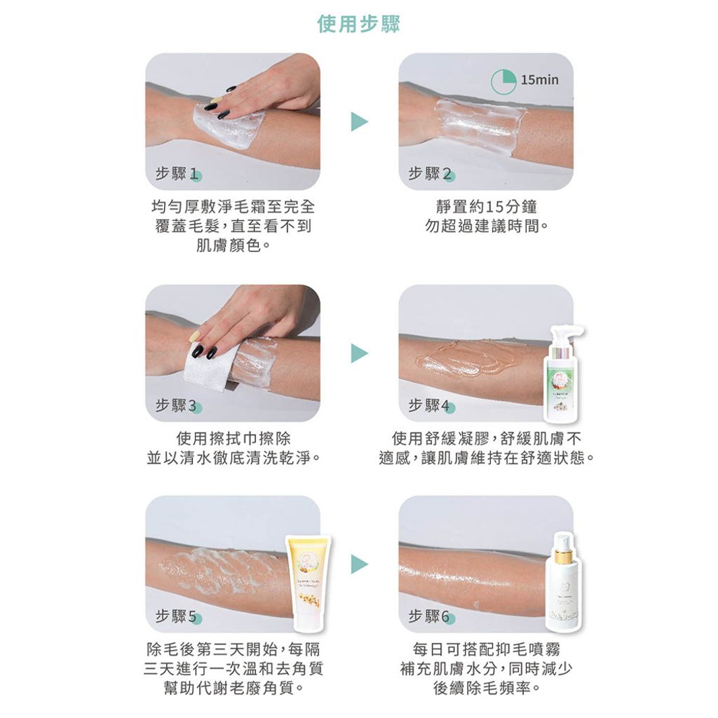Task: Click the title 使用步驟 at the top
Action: (359, 25)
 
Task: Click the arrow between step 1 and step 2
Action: (359, 121)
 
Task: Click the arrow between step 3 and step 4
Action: (359, 353)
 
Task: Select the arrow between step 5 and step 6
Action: (359, 564)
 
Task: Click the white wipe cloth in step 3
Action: (210, 368)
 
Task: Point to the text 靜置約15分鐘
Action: (486, 208)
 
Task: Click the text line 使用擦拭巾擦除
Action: (233, 439)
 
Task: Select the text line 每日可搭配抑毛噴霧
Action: (486, 650)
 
